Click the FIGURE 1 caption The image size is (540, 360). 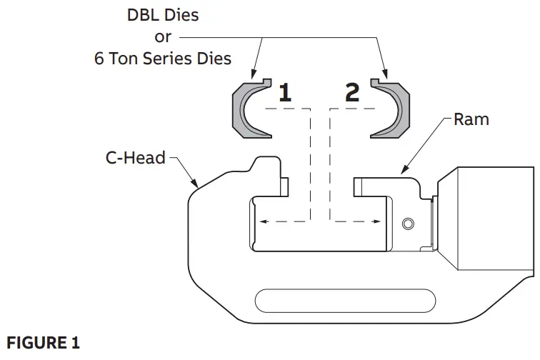tap(43, 343)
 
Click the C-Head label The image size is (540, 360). tap(135, 157)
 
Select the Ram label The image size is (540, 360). tap(471, 119)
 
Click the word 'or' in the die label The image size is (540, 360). tap(163, 36)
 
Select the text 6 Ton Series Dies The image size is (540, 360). tap(163, 59)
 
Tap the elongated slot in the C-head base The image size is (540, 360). tap(345, 298)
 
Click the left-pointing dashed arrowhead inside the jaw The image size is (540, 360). tap(262, 222)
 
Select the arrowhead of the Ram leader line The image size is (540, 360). tap(404, 171)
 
